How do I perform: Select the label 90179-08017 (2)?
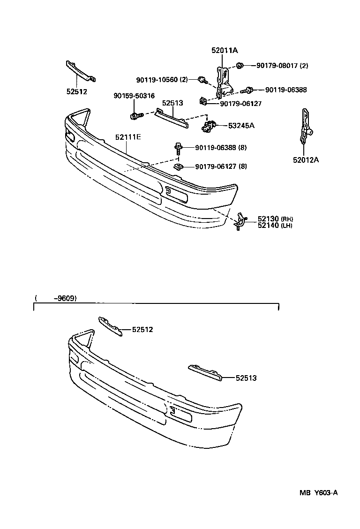[x=282, y=65]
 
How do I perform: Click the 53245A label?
[x=241, y=125]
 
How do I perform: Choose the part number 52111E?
[x=128, y=137]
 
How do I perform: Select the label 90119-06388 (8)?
[x=221, y=148]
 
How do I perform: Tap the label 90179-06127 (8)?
[x=221, y=166]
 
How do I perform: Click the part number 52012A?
[x=306, y=160]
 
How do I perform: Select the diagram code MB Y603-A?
[x=319, y=493]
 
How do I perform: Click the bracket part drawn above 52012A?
[x=305, y=126]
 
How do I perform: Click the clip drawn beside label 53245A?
[x=209, y=126]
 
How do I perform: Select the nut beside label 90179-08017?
[x=240, y=65]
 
